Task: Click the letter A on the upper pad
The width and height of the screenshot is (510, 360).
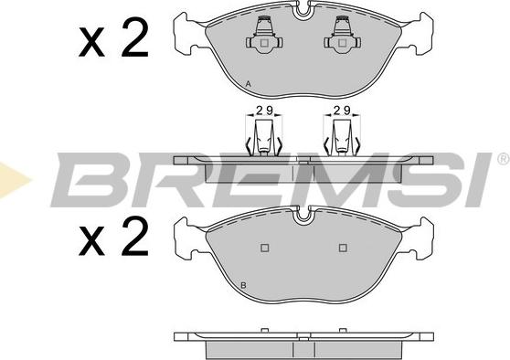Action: click(249, 84)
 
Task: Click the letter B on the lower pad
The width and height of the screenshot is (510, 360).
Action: click(243, 286)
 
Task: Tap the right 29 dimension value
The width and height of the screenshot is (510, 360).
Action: click(343, 111)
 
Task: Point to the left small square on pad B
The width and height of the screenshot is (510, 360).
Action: click(264, 248)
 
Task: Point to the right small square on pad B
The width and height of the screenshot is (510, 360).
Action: click(344, 248)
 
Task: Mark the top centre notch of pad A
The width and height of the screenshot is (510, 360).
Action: click(303, 10)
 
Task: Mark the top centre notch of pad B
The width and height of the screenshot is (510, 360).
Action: click(303, 215)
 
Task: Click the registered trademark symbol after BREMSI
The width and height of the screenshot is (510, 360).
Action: click(503, 159)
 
